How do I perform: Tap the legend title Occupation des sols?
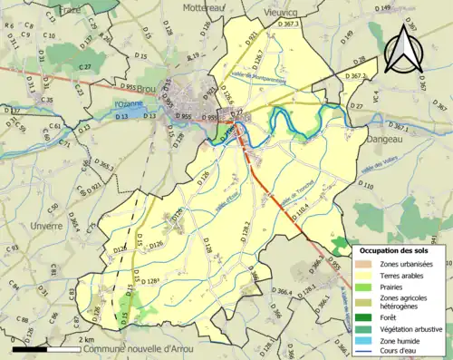pos(396,249)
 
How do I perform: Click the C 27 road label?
pos(84,68)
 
